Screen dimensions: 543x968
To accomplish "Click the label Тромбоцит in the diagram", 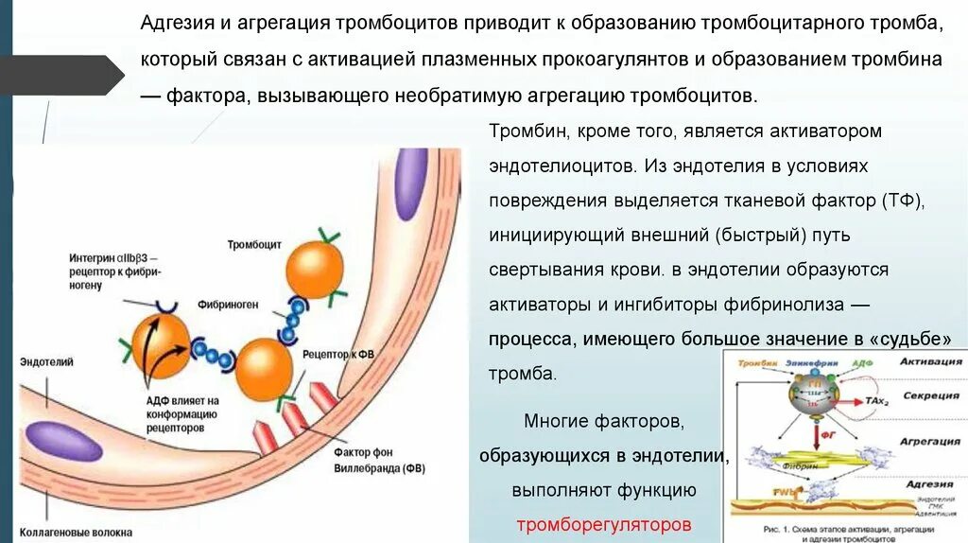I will click(253, 244).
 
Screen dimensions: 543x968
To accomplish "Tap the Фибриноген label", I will click(223, 306).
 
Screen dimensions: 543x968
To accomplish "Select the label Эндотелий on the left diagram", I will click(46, 361).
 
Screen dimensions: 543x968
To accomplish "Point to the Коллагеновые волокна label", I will click(76, 532).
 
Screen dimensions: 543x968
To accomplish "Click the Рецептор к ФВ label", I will click(338, 354).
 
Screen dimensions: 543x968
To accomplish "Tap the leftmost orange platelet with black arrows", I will click(161, 346).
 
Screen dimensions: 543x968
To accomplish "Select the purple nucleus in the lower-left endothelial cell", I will click(64, 442).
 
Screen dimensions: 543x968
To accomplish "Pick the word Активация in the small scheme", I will click(930, 360).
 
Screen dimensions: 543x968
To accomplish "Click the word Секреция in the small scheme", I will click(931, 395).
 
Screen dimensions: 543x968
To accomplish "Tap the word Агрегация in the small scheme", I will click(931, 442).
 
